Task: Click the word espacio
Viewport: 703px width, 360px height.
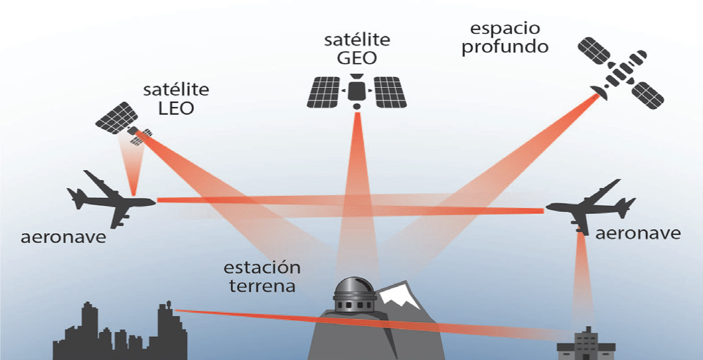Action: [505, 29]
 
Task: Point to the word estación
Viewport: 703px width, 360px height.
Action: [262, 268]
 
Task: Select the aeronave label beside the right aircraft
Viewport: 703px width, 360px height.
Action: [637, 232]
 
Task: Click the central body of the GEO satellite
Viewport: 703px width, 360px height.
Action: [357, 89]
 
